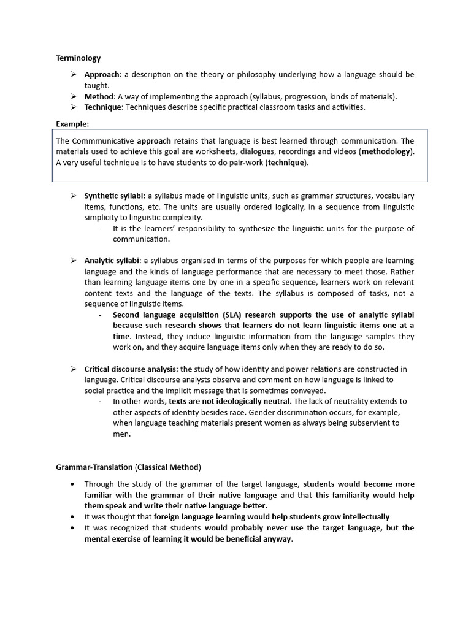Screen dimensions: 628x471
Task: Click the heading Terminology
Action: click(x=78, y=58)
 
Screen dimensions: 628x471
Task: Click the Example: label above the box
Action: click(x=72, y=124)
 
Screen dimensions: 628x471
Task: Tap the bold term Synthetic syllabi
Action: click(x=113, y=196)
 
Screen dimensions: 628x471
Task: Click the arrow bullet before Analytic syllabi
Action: click(x=73, y=261)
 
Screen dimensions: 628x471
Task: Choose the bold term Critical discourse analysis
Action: click(x=131, y=369)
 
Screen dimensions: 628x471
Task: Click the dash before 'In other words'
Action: click(x=100, y=402)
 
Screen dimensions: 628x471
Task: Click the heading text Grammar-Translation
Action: click(x=94, y=467)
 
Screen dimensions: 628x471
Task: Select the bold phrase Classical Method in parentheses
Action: click(x=167, y=467)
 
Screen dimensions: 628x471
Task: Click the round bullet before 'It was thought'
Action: click(x=73, y=517)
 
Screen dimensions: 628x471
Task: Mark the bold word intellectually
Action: click(x=360, y=517)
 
